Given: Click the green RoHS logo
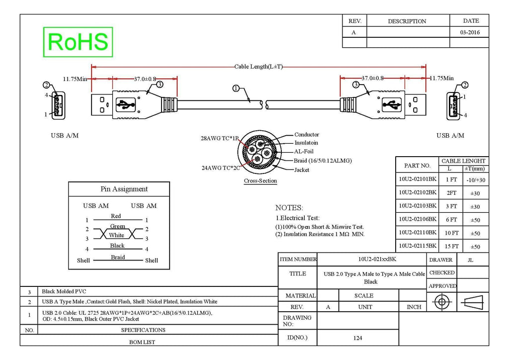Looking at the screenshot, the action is tap(78, 42).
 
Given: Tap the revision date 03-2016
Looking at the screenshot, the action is tap(470, 32).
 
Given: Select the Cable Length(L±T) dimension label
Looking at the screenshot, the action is tap(258, 67).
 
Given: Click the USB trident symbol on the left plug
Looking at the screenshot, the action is tap(126, 105).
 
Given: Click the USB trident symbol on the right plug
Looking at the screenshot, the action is tap(392, 104).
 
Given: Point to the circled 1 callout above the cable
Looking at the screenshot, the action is tap(236, 89).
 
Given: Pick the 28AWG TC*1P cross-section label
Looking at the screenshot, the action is tap(219, 138).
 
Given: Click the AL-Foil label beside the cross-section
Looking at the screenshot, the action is tap(304, 151).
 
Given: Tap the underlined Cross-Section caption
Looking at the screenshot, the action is tap(260, 181).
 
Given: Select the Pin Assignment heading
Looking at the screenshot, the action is tap(124, 189).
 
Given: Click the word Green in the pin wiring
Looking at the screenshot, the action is tap(117, 226).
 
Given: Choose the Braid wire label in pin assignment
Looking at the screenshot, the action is tap(118, 257).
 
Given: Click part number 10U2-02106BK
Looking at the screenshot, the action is tap(418, 219).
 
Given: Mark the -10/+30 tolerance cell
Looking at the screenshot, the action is tap(476, 180).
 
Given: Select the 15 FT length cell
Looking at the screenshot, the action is tap(451, 246).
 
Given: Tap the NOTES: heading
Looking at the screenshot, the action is tap(289, 208).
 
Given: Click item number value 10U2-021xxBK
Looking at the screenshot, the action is tap(377, 259).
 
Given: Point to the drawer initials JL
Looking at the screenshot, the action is tap(470, 260).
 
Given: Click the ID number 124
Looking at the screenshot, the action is tap(358, 338).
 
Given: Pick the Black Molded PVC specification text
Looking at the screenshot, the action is tap(64, 291).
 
